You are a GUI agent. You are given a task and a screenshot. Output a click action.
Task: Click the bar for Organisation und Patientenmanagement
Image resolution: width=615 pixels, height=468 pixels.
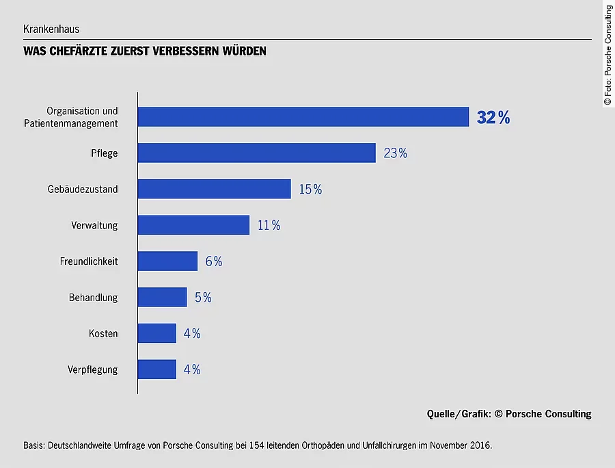pyautogui.click(x=303, y=117)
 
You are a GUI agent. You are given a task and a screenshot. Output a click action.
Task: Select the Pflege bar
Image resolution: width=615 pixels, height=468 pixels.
pyautogui.click(x=256, y=153)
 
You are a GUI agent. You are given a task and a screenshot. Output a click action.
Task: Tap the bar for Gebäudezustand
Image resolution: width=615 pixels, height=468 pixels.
pyautogui.click(x=214, y=189)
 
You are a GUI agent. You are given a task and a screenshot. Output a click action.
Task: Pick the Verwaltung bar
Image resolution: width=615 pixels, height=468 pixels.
pyautogui.click(x=193, y=225)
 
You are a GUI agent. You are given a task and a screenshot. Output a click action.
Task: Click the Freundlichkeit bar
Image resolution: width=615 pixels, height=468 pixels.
pyautogui.click(x=167, y=261)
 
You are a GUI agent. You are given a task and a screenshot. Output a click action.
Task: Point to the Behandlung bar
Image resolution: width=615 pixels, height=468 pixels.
pyautogui.click(x=162, y=297)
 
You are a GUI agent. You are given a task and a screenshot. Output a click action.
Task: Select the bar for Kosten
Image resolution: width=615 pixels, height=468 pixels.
pyautogui.click(x=156, y=333)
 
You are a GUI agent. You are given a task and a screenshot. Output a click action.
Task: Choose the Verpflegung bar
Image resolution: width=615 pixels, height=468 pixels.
pyautogui.click(x=156, y=369)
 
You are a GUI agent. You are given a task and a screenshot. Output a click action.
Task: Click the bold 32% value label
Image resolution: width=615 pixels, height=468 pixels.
pyautogui.click(x=493, y=118)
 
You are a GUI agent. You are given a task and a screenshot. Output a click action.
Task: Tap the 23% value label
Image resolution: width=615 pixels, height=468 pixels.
pyautogui.click(x=396, y=153)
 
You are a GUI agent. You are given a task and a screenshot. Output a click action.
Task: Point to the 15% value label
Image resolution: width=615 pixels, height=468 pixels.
pyautogui.click(x=310, y=190)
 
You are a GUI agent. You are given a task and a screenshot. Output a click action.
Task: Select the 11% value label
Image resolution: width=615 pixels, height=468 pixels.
pyautogui.click(x=269, y=225)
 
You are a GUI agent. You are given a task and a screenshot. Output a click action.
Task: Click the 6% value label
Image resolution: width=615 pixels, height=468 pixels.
pyautogui.click(x=214, y=261)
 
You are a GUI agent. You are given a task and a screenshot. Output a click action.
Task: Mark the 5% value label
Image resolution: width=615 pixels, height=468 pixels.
pyautogui.click(x=203, y=298)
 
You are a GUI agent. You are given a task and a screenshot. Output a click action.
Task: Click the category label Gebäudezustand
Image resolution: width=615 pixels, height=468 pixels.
pyautogui.click(x=83, y=190)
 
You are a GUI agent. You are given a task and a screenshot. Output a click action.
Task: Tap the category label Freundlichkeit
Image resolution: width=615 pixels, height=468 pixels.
pyautogui.click(x=89, y=261)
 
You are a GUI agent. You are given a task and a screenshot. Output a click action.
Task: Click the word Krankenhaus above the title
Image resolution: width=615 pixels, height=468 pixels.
pyautogui.click(x=51, y=29)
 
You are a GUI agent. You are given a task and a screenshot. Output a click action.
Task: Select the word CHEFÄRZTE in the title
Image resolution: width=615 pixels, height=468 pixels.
pyautogui.click(x=81, y=51)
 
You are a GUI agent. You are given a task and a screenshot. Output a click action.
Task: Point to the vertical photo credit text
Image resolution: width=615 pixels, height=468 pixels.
pyautogui.click(x=607, y=55)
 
